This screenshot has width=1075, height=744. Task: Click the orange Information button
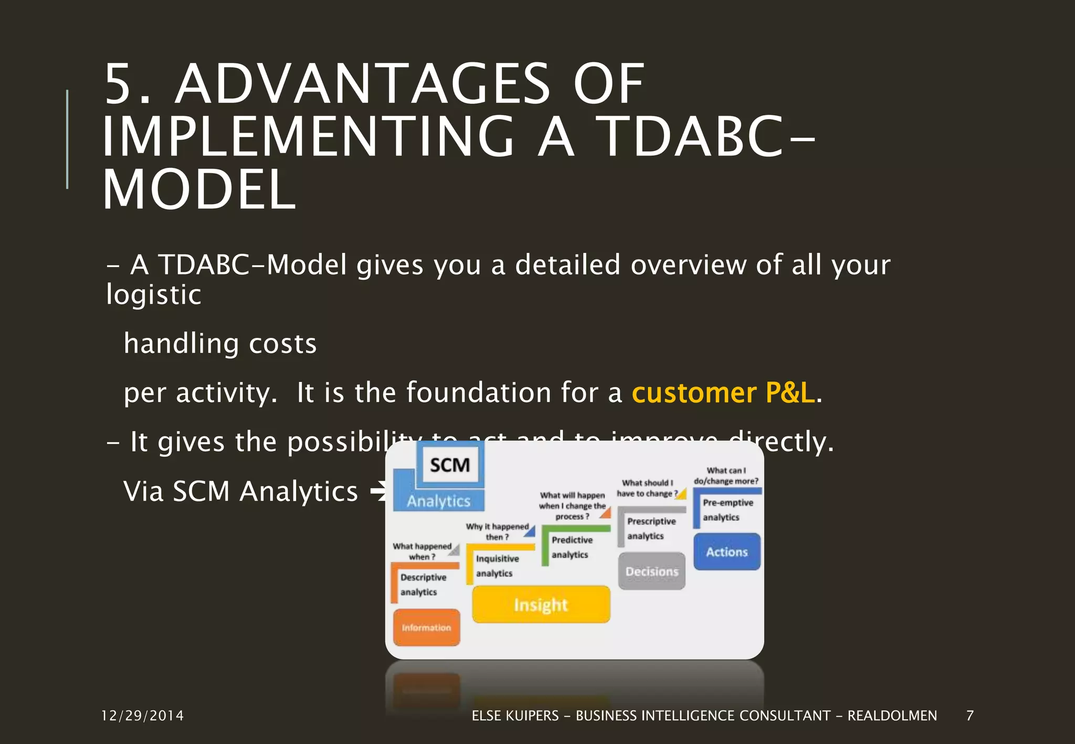(426, 628)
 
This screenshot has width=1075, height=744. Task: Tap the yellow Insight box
(541, 605)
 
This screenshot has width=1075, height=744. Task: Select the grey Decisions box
(652, 571)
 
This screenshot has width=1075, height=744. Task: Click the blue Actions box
(726, 552)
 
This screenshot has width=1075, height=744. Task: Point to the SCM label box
(450, 465)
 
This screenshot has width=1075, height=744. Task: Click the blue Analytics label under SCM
(439, 501)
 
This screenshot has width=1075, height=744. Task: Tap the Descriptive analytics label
(423, 584)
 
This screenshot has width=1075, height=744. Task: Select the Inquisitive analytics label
(497, 566)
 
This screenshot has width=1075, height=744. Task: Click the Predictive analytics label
(572, 547)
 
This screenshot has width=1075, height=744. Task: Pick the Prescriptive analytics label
(651, 528)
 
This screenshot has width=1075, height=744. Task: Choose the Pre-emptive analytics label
(728, 509)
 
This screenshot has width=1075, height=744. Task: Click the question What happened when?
(422, 551)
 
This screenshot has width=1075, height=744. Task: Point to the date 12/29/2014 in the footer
(142, 716)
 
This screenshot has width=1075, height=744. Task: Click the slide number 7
(970, 716)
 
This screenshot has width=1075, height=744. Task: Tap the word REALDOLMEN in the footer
(892, 716)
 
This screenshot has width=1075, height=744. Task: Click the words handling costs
(220, 344)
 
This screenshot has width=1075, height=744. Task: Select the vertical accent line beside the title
(67, 139)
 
